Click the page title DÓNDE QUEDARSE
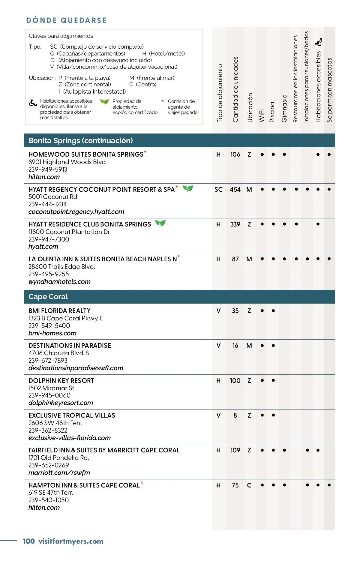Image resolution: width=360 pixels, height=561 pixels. [x=66, y=20]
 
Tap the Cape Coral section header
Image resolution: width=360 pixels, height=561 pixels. [x=48, y=297]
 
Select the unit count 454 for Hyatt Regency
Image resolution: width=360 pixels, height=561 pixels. [x=235, y=190]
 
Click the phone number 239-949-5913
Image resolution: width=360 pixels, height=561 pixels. [x=48, y=169]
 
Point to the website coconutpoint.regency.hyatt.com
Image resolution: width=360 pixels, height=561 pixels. [x=76, y=212]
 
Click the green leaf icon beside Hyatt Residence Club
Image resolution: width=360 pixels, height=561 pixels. [x=160, y=223]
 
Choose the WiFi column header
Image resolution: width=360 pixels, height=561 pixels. [x=262, y=115]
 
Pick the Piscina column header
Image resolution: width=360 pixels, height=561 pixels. [x=272, y=112]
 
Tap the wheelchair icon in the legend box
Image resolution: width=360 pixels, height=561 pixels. [x=33, y=103]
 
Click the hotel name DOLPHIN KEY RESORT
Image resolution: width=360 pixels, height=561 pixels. [x=61, y=381]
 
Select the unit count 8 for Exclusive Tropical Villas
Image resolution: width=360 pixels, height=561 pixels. [x=235, y=415]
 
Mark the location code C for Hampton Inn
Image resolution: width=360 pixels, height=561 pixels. [x=249, y=485]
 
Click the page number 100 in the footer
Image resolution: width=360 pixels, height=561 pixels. [x=29, y=541]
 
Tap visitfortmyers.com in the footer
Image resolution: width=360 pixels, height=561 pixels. [x=71, y=541]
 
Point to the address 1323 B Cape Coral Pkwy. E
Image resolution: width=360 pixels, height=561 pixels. [x=66, y=318]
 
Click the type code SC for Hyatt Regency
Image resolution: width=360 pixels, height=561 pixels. [x=218, y=190]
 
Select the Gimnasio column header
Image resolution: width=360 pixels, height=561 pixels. [x=284, y=109]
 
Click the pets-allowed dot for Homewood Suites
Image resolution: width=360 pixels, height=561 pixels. [x=329, y=154]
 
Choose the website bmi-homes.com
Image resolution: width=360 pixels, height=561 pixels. [x=52, y=333]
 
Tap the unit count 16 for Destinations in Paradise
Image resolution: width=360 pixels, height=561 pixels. [x=235, y=346]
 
